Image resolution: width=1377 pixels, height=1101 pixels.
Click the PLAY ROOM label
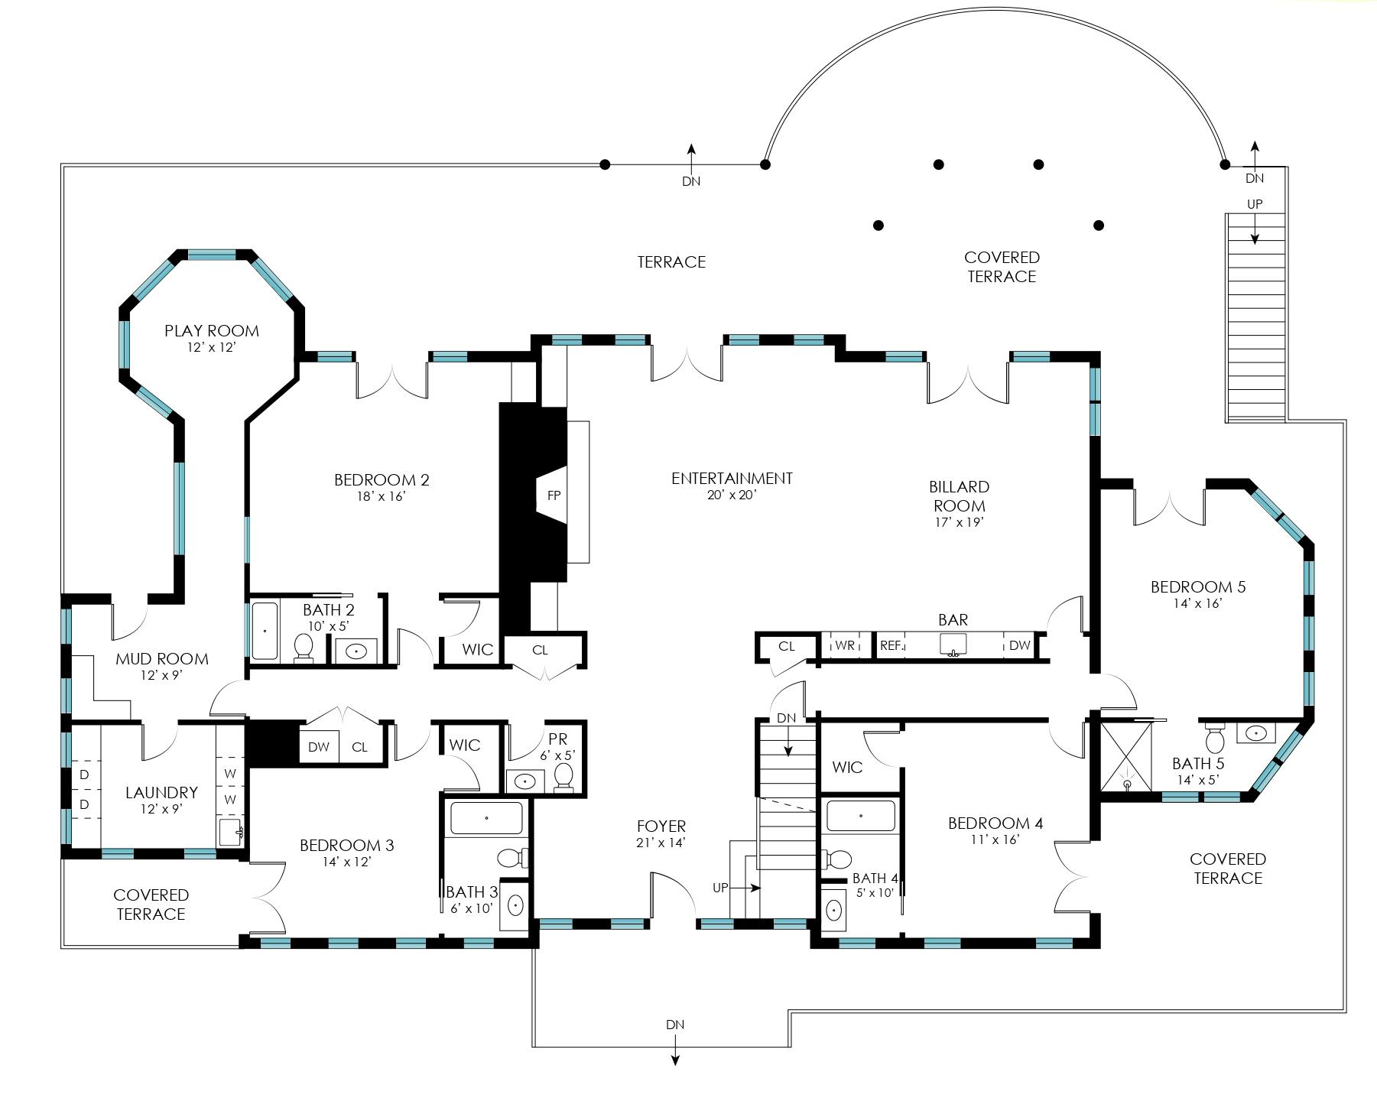coord(212,331)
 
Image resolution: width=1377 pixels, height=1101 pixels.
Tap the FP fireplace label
coord(554,495)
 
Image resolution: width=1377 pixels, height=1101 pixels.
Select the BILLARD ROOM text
coord(959,496)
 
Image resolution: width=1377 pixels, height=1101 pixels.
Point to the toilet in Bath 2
coord(304,648)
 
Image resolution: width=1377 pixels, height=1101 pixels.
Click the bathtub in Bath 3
coord(487,818)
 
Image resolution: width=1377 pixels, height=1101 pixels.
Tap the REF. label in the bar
coord(891,645)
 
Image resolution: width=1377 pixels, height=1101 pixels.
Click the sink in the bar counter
coord(953,645)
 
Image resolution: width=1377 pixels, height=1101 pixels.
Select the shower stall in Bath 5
coord(1125,757)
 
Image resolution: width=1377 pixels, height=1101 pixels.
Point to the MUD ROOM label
coord(162,659)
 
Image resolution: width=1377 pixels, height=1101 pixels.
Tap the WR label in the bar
coord(845,645)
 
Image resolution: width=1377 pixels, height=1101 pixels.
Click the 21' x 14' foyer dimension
coord(661,843)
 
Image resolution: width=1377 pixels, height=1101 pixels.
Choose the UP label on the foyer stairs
coord(720,888)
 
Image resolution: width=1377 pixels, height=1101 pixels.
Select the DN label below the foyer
coord(675,1025)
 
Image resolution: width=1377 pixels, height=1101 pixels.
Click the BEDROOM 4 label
coord(995,823)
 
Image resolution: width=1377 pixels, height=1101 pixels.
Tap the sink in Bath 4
coord(834,911)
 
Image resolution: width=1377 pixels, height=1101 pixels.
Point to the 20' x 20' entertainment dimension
coord(732,495)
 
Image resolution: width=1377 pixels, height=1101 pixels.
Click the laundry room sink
coord(231,830)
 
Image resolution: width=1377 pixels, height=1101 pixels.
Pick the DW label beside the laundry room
coord(319,747)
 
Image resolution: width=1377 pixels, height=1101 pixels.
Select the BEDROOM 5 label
coord(1198,587)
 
